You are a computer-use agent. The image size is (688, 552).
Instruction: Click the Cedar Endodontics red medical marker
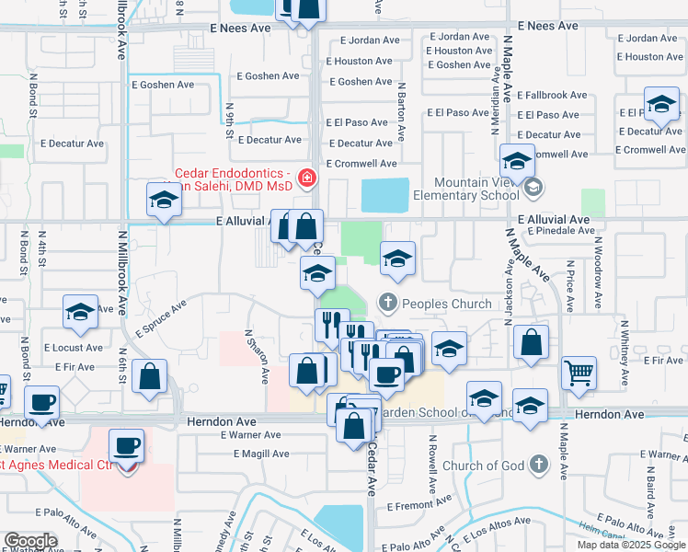[306, 178]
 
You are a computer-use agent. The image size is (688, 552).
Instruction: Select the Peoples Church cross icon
[388, 302]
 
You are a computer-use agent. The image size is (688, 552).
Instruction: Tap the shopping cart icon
[579, 372]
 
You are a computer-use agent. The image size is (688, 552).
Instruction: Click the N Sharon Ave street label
[255, 357]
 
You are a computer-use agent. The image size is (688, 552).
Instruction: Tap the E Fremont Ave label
[419, 505]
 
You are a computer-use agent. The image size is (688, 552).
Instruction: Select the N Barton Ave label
[402, 112]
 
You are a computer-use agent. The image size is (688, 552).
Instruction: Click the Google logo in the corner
[30, 541]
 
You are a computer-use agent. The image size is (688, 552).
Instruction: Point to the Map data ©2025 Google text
[631, 545]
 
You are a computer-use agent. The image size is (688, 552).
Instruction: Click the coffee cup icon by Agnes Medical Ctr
[127, 446]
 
